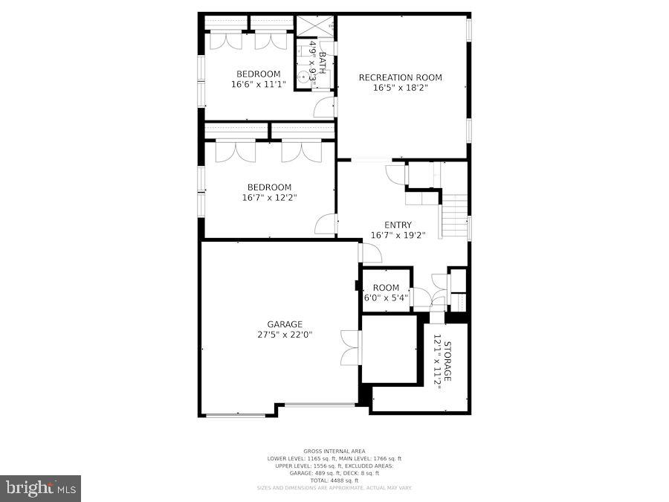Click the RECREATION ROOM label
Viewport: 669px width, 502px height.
click(x=400, y=77)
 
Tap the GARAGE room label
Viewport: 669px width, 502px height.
click(x=285, y=324)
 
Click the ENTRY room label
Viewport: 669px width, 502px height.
click(x=398, y=225)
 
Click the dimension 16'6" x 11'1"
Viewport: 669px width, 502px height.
click(x=258, y=84)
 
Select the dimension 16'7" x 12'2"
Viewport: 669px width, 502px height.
click(x=269, y=198)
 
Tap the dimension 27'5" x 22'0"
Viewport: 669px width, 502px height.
click(x=285, y=335)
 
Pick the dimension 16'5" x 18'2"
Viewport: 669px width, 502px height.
click(x=400, y=88)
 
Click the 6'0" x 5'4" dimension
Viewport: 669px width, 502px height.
click(x=386, y=298)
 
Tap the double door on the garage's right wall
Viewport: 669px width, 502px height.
click(x=350, y=347)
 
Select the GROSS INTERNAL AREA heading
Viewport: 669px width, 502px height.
click(x=334, y=451)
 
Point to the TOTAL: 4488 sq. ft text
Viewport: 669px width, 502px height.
click(x=334, y=480)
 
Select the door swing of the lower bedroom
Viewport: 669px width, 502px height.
click(x=326, y=224)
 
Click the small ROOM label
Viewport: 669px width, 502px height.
click(x=386, y=288)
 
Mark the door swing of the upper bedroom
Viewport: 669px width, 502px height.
click(x=324, y=107)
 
